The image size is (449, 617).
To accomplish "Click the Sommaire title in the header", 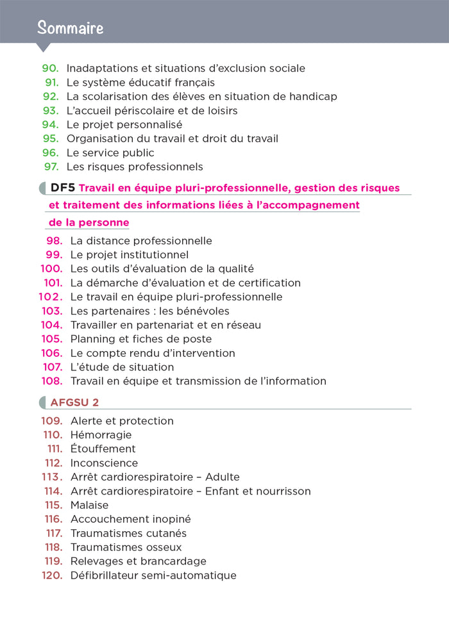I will [x=70, y=28].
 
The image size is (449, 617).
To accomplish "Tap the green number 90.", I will [x=50, y=68].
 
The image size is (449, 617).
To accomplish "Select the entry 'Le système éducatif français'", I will [x=140, y=82].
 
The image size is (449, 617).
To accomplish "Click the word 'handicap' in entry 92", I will [x=314, y=96].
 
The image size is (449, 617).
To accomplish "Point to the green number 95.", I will [x=51, y=138].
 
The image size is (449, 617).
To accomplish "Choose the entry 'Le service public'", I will [x=110, y=152].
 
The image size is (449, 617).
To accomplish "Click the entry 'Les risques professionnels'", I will [x=135, y=167].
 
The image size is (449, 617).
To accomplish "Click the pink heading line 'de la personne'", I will [x=89, y=223].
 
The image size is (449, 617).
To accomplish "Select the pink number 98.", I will [x=54, y=241].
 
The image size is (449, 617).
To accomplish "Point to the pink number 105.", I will [x=51, y=339].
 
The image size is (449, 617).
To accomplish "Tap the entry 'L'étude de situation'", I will [x=122, y=367].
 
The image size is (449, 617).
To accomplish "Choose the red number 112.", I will [x=55, y=463].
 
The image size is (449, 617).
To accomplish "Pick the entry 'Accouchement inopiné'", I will [x=130, y=519].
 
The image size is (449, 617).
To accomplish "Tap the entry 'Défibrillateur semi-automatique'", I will [x=153, y=575].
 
